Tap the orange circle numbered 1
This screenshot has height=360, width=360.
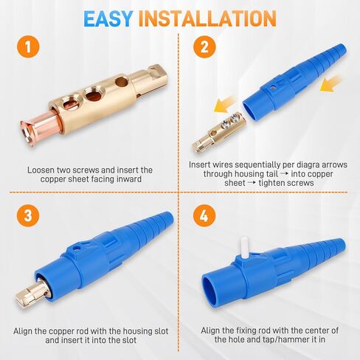[27, 49]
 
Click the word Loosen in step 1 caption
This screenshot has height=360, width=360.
[40, 168]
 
